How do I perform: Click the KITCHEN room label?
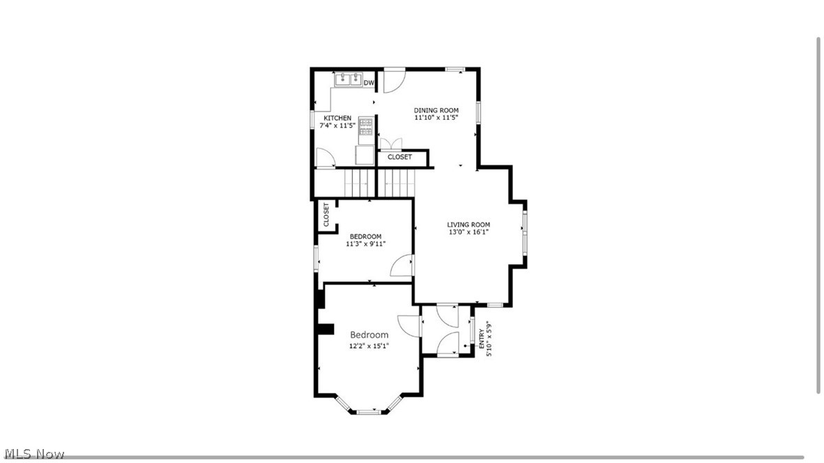pyautogui.click(x=337, y=118)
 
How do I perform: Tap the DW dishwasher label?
pyautogui.click(x=369, y=83)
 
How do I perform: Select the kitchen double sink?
pyautogui.click(x=348, y=81)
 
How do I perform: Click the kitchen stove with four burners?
pyautogui.click(x=367, y=126)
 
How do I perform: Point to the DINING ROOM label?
pyautogui.click(x=436, y=110)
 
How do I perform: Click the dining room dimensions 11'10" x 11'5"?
pyautogui.click(x=436, y=118)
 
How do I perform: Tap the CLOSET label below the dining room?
pyautogui.click(x=400, y=158)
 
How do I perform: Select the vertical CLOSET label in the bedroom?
pyautogui.click(x=326, y=215)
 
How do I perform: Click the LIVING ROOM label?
pyautogui.click(x=468, y=225)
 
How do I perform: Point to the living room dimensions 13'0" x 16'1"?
pyautogui.click(x=468, y=232)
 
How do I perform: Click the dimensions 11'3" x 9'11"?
pyautogui.click(x=366, y=244)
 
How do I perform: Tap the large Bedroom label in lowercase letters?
pyautogui.click(x=369, y=335)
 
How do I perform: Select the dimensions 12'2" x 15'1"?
pyautogui.click(x=369, y=345)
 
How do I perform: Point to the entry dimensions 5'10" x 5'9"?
pyautogui.click(x=489, y=338)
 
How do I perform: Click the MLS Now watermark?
pyautogui.click(x=33, y=454)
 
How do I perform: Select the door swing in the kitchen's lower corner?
pyautogui.click(x=324, y=160)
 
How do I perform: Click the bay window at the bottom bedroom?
pyautogui.click(x=369, y=409)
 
